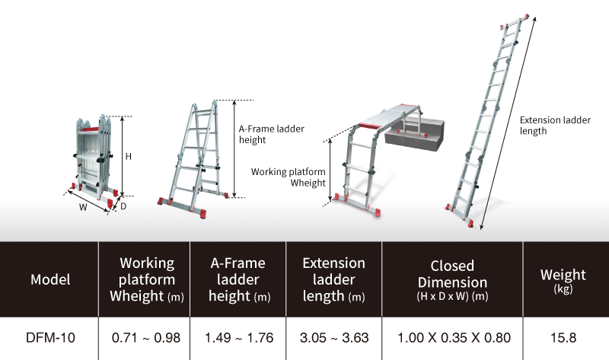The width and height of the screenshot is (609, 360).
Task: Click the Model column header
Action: (x=50, y=279)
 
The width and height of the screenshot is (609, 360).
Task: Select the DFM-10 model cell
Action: (x=50, y=336)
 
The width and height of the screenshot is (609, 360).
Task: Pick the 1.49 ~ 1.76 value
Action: (x=238, y=336)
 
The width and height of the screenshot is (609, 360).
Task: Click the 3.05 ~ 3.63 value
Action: (x=333, y=336)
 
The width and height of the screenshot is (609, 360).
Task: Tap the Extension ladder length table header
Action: (x=333, y=279)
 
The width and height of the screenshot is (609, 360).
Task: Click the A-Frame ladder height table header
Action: (x=238, y=279)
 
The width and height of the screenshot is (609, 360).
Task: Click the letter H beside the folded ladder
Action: (x=129, y=156)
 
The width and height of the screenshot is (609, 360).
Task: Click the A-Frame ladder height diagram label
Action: (x=271, y=134)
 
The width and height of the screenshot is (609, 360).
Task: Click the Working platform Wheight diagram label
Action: (x=289, y=177)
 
